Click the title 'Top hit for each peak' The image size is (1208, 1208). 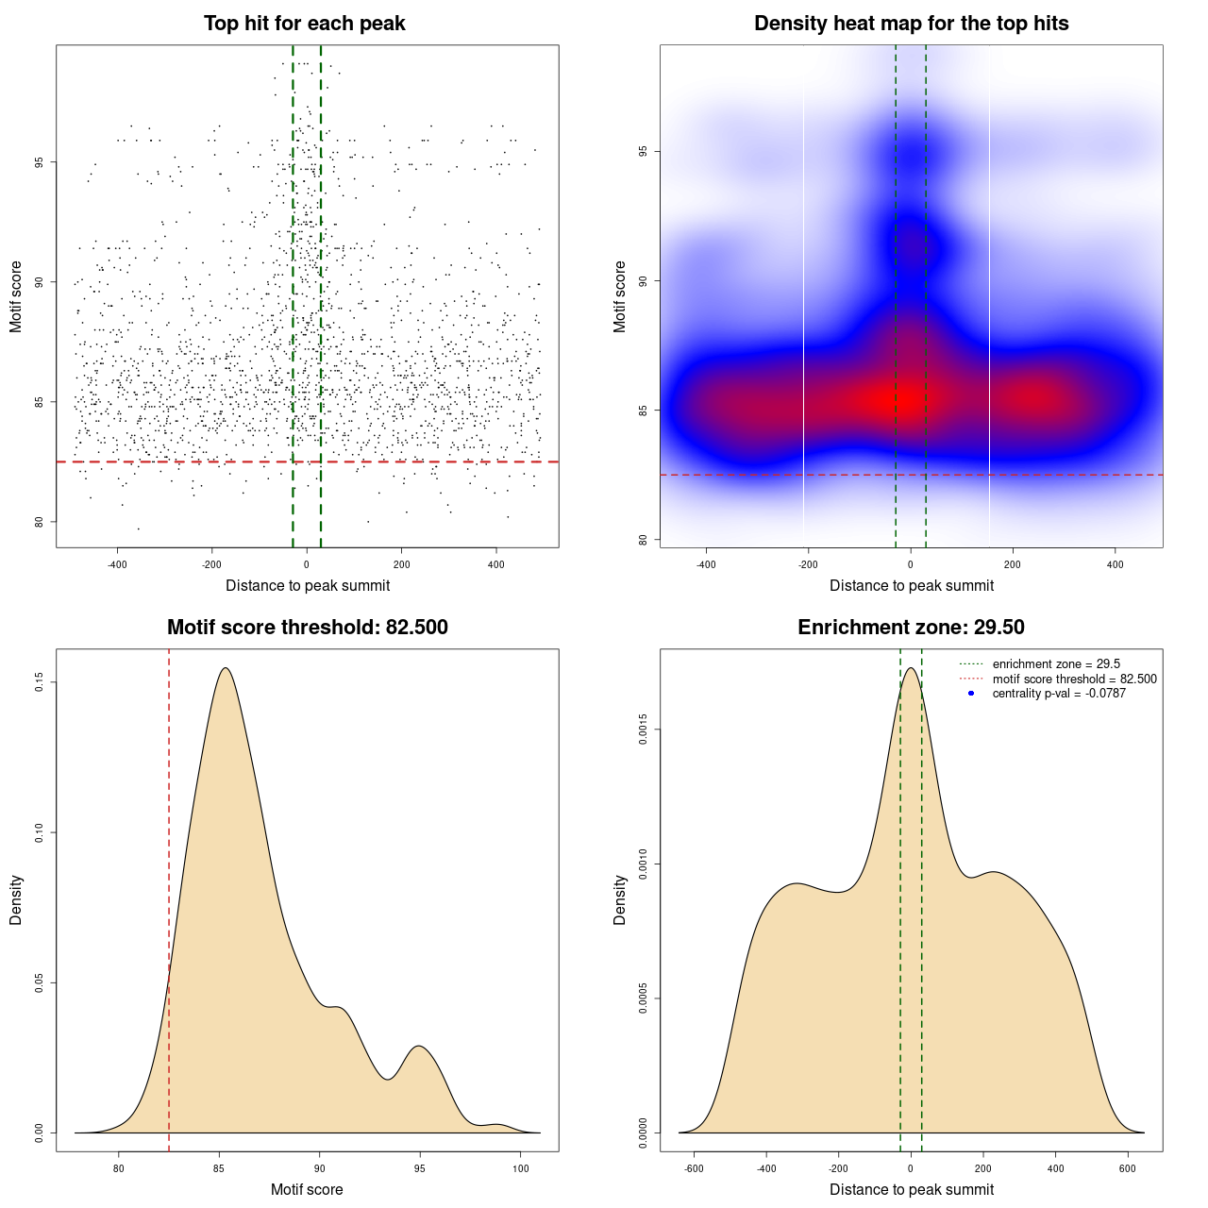(x=304, y=24)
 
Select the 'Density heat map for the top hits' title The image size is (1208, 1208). (x=911, y=24)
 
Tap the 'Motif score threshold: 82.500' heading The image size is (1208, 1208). (x=307, y=628)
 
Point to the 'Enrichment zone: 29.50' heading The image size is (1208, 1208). (x=911, y=628)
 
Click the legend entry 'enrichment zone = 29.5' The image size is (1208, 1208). (x=1056, y=664)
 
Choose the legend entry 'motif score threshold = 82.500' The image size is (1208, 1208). (x=1074, y=679)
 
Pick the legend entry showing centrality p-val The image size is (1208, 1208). (x=1059, y=694)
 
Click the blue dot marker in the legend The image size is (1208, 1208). (x=971, y=694)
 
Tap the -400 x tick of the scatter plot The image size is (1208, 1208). (x=117, y=565)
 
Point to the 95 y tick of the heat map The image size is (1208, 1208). (x=643, y=152)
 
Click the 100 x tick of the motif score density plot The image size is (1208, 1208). (x=521, y=1168)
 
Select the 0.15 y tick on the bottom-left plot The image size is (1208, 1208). (x=39, y=682)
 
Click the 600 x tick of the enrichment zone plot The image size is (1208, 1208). (x=1128, y=1168)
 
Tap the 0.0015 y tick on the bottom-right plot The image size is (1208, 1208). (x=643, y=730)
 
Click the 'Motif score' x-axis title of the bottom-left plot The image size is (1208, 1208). (x=307, y=1189)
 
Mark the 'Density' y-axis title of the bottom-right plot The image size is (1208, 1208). (x=620, y=899)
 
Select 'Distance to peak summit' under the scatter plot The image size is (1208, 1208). (x=308, y=585)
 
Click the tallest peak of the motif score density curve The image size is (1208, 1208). (x=226, y=668)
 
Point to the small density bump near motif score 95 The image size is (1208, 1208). (x=418, y=1047)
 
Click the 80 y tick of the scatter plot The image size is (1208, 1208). (x=39, y=522)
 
